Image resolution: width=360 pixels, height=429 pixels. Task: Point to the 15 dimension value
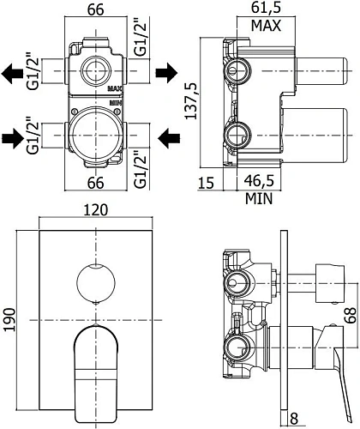pos(206,184)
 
